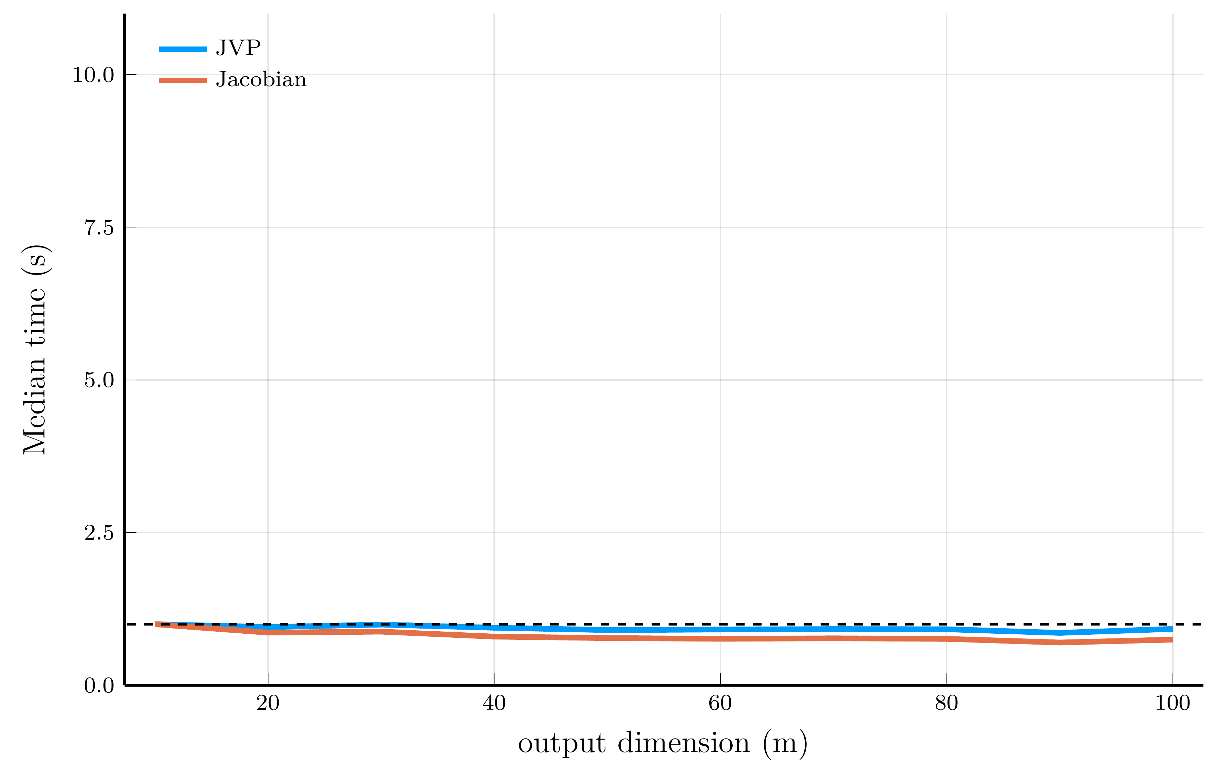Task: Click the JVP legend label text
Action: click(x=238, y=48)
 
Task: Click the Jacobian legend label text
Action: click(x=261, y=80)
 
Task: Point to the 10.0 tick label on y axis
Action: click(x=93, y=75)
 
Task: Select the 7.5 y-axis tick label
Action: click(x=99, y=227)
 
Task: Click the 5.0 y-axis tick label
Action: click(x=99, y=380)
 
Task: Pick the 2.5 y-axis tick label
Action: click(x=99, y=533)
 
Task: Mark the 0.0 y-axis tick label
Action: click(x=99, y=686)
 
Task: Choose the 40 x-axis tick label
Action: click(x=494, y=703)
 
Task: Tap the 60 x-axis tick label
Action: click(x=720, y=703)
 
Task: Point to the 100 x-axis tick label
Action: click(x=1172, y=703)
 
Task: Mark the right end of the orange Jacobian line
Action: click(x=1171, y=640)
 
